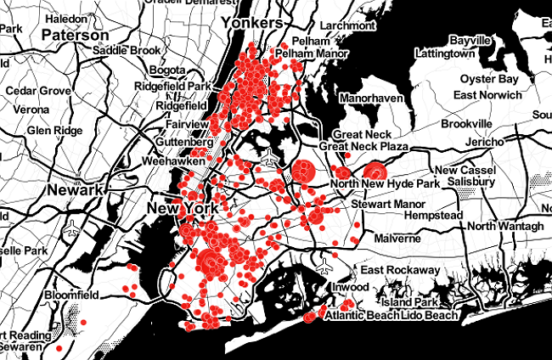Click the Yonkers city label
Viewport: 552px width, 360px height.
tap(251, 23)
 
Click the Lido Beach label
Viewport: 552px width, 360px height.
tap(429, 315)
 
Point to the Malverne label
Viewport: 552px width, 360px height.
tap(397, 239)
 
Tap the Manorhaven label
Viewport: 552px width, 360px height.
tap(370, 98)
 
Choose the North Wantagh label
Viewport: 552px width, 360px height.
tap(504, 226)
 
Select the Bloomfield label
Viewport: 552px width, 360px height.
tap(73, 295)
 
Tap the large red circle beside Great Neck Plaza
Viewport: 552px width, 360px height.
tap(303, 171)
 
